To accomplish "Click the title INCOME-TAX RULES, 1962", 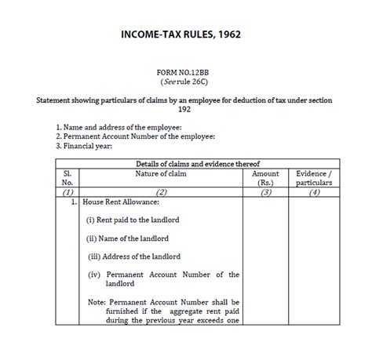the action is (x=185, y=35).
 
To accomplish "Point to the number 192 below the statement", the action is (x=185, y=111).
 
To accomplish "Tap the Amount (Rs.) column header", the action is (x=265, y=177).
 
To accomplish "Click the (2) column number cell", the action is (x=160, y=191).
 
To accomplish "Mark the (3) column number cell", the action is (x=265, y=191).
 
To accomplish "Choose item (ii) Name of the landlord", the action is (x=127, y=238).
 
